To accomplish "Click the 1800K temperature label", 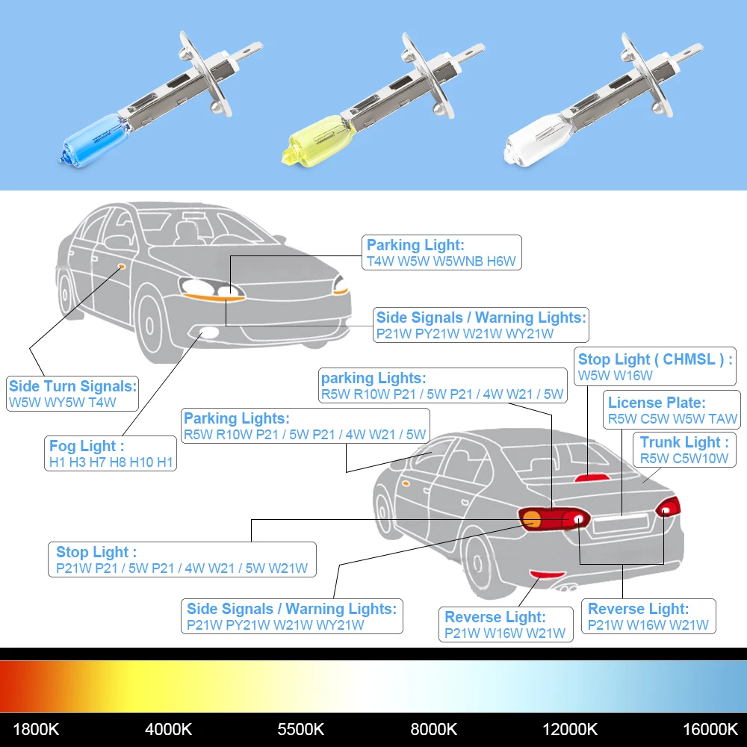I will pyautogui.click(x=36, y=728).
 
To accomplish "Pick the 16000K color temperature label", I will pyautogui.click(x=709, y=728).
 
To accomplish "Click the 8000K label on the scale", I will pyautogui.click(x=433, y=728).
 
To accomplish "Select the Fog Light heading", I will pyautogui.click(x=83, y=446).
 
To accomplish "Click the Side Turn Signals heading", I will pyautogui.click(x=72, y=386).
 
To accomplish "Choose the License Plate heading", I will pyautogui.click(x=657, y=403).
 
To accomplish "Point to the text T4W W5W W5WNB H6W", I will pyautogui.click(x=441, y=261).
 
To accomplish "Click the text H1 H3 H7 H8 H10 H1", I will pyautogui.click(x=111, y=462).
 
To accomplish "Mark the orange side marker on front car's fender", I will pyautogui.click(x=120, y=266).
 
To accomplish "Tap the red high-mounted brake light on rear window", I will pyautogui.click(x=587, y=477).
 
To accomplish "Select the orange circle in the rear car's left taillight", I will pyautogui.click(x=532, y=520).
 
